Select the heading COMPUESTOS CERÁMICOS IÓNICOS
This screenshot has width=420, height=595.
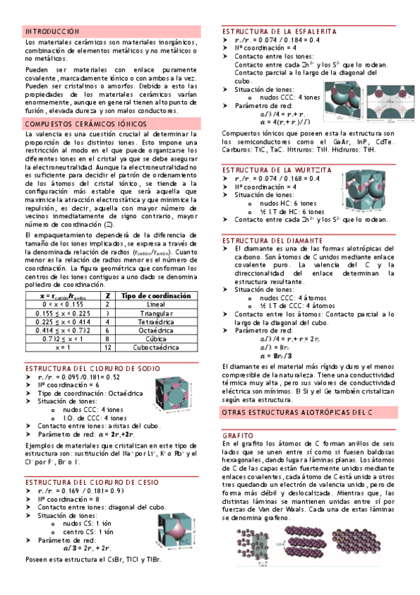[x=85, y=123]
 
